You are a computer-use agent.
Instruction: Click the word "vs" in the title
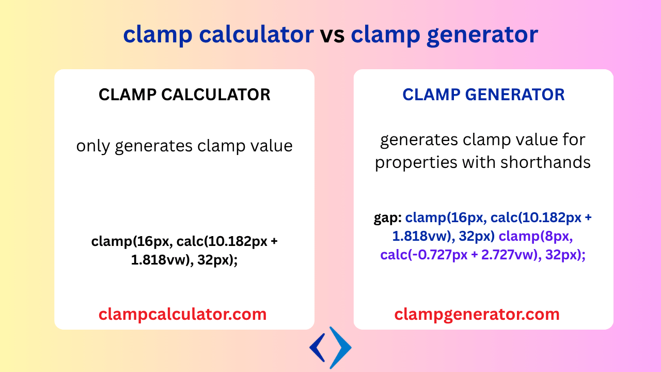(332, 35)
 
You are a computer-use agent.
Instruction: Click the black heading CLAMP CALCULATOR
(184, 95)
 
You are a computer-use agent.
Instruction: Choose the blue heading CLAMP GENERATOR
(483, 95)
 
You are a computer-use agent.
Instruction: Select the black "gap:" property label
(388, 218)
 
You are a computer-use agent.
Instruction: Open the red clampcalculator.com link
(183, 314)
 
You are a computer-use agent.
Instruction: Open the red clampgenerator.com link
(477, 314)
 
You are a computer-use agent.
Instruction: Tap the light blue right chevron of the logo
(341, 347)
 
